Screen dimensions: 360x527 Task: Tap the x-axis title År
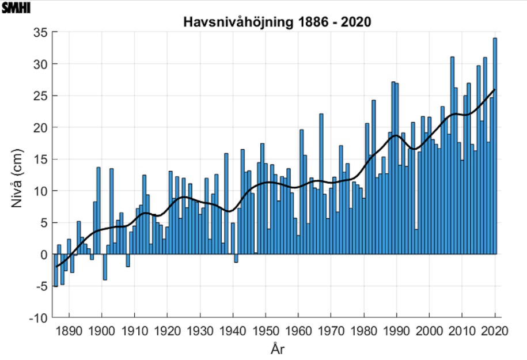276,350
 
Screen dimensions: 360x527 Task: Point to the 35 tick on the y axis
39,32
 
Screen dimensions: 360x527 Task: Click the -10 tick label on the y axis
36,317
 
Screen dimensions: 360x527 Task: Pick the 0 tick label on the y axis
41,254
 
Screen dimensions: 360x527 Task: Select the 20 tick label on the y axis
39,127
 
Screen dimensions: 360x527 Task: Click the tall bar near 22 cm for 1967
321,184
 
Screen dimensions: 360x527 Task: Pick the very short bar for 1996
416,242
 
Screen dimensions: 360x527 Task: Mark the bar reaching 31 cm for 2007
452,156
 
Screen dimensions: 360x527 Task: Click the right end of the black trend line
495,90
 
